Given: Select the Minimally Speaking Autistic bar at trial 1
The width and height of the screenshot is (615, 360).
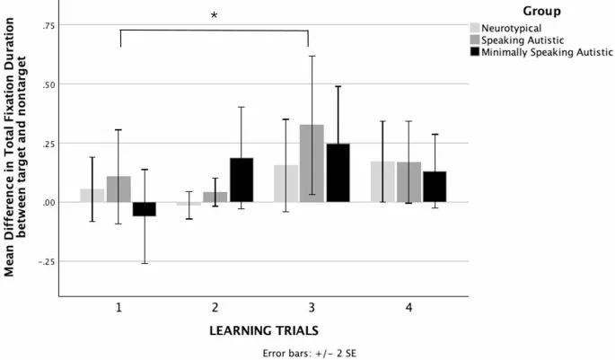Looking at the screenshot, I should [144, 209].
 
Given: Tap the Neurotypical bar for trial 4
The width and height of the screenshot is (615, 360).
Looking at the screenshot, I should [382, 182].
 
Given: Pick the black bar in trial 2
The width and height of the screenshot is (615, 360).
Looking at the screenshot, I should [242, 180].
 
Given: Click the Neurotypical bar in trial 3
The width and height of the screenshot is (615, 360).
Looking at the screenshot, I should [286, 184].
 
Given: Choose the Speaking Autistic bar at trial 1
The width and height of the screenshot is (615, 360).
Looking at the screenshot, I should [119, 189].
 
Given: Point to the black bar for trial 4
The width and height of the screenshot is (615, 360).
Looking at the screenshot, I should [435, 187].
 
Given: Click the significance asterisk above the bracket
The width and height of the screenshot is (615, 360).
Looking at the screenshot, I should [214, 16].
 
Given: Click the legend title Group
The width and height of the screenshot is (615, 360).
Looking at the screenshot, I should [544, 12].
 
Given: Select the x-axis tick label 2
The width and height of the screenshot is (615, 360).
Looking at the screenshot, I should [215, 307].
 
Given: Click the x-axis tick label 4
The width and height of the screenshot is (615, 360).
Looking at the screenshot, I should [409, 307].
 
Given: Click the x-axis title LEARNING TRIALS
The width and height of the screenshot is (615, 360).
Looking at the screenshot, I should [263, 329].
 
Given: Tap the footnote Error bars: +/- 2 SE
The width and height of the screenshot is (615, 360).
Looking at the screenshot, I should [263, 351].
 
